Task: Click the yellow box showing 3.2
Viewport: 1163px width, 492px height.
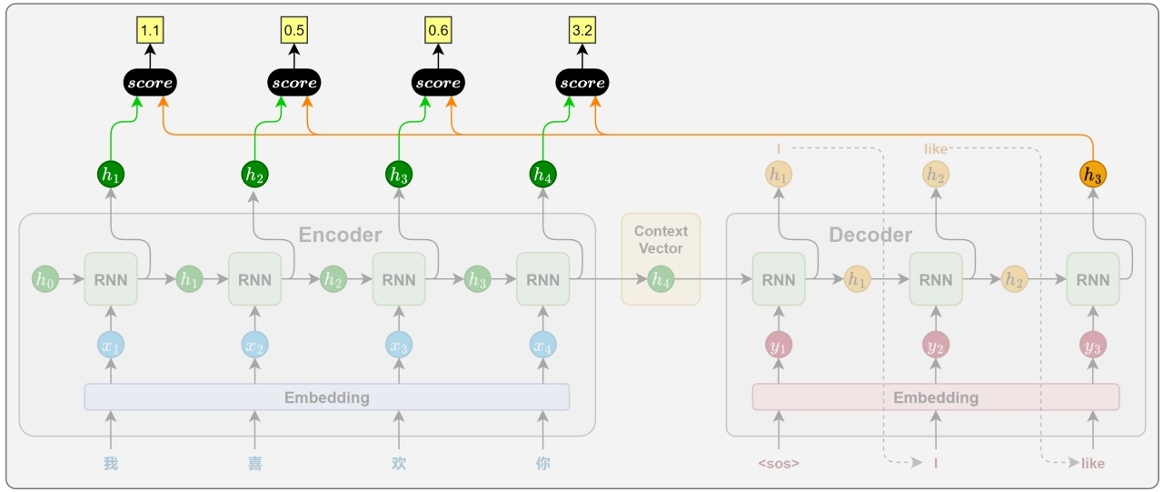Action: [x=582, y=30]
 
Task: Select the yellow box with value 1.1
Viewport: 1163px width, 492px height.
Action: [x=150, y=30]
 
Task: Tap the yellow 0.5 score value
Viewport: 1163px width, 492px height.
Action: [x=293, y=30]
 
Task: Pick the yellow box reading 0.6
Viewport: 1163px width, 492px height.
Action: [x=438, y=30]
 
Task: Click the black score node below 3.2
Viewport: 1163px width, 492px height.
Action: [x=582, y=83]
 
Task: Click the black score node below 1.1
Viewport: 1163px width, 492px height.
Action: [x=150, y=83]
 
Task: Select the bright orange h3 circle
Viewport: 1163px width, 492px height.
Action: [x=1093, y=175]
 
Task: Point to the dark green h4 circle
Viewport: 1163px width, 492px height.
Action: [x=543, y=175]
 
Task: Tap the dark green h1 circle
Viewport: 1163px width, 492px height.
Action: [x=111, y=175]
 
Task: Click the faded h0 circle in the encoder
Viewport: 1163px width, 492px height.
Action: [x=45, y=279]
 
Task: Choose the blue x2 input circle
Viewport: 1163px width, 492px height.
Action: [x=255, y=345]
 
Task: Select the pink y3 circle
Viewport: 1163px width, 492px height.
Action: [x=1093, y=345]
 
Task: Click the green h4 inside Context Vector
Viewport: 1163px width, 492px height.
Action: [x=661, y=279]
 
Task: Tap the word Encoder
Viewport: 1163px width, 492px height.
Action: [x=340, y=235]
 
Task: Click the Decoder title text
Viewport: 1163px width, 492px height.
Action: [x=870, y=235]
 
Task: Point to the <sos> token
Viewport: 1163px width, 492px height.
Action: [x=779, y=464]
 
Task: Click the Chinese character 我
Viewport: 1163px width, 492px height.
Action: [x=111, y=464]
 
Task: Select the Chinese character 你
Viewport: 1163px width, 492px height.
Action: [x=543, y=464]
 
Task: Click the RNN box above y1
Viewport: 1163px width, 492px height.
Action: [x=779, y=279]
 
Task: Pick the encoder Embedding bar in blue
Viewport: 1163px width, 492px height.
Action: [x=327, y=397]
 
